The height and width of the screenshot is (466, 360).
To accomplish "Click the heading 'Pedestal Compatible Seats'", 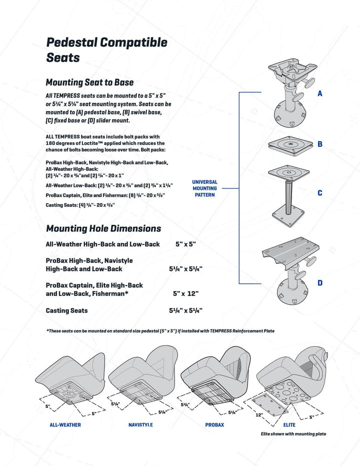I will tap(106, 49).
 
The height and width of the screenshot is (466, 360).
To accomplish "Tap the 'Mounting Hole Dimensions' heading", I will tap(103, 228).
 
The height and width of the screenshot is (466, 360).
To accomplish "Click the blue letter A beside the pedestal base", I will tap(320, 93).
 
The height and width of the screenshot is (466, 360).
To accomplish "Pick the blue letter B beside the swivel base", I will tap(320, 144).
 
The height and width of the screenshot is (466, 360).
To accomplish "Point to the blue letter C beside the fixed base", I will tap(320, 193).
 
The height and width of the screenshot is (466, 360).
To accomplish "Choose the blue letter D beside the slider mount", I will tap(320, 283).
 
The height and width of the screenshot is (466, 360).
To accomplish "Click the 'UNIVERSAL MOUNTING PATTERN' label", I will tap(204, 188).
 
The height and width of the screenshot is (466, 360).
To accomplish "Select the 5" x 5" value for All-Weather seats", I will tap(185, 244).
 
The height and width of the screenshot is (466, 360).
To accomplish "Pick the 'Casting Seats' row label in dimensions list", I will tap(66, 310).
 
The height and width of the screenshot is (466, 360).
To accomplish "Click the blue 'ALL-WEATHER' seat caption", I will tap(65, 425).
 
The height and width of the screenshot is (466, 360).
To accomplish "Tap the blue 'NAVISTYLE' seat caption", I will tap(140, 425).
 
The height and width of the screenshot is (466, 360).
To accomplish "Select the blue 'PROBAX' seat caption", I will tap(214, 425).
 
